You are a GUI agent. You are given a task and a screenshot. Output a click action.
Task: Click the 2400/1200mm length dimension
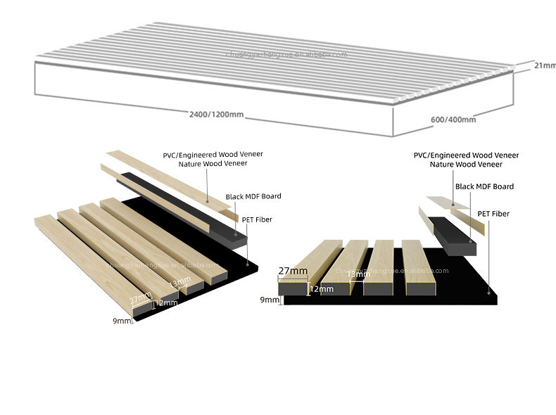(x=215, y=115)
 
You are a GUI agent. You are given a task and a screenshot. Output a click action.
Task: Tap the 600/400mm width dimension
(x=453, y=119)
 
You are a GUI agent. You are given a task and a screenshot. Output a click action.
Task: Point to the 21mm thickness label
(x=544, y=65)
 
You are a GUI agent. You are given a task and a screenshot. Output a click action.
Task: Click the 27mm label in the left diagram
(x=141, y=298)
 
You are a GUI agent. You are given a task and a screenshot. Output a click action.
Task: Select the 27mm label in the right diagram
(x=293, y=271)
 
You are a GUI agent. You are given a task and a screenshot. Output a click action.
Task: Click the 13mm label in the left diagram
(x=180, y=281)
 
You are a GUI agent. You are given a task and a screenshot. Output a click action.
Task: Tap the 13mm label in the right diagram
(x=359, y=274)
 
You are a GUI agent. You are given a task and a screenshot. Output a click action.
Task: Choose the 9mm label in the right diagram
(x=269, y=300)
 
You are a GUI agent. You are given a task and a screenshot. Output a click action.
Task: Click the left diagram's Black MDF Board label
(x=254, y=197)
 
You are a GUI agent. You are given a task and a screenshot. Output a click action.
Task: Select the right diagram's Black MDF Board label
(x=484, y=186)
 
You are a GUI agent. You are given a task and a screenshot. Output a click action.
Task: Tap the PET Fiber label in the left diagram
(x=257, y=219)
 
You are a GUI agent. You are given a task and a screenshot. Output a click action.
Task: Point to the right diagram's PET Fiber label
(x=493, y=213)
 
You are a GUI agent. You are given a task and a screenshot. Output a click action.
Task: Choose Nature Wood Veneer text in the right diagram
(x=466, y=164)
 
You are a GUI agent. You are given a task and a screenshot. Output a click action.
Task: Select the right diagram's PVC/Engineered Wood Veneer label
(x=466, y=154)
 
